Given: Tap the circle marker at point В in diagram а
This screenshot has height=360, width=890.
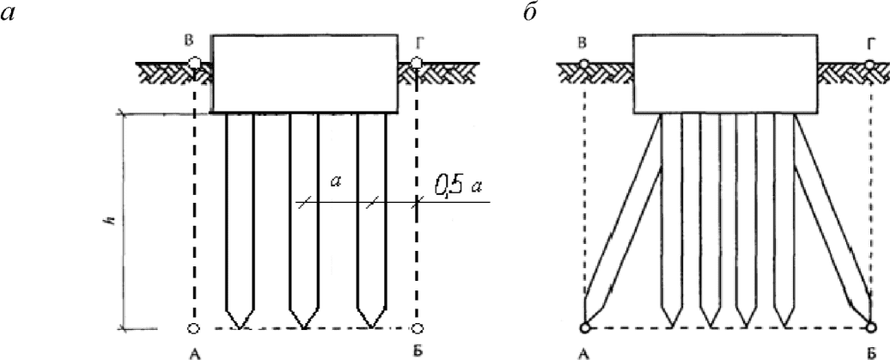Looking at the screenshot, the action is click(x=195, y=63).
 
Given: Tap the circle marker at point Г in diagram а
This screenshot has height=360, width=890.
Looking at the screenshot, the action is click(x=417, y=63).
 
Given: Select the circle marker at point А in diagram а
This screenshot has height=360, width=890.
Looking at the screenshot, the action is click(x=194, y=328).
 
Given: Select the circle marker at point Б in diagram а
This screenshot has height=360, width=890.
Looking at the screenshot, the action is click(x=418, y=328).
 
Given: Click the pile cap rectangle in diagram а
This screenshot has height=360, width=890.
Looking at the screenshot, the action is click(x=305, y=74).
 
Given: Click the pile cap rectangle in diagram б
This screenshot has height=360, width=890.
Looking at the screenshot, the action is click(x=724, y=74).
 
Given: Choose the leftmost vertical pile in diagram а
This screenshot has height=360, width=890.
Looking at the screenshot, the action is click(x=239, y=215).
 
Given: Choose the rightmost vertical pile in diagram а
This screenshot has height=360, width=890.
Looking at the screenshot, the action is click(x=370, y=215).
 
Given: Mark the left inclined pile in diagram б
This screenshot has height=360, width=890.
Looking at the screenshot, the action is click(x=625, y=223).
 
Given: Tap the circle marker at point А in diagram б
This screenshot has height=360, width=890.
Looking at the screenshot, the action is click(x=585, y=327).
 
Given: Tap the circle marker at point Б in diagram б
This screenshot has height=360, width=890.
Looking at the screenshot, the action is click(x=871, y=327).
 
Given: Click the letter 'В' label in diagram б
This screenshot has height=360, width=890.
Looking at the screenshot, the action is click(x=583, y=41).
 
